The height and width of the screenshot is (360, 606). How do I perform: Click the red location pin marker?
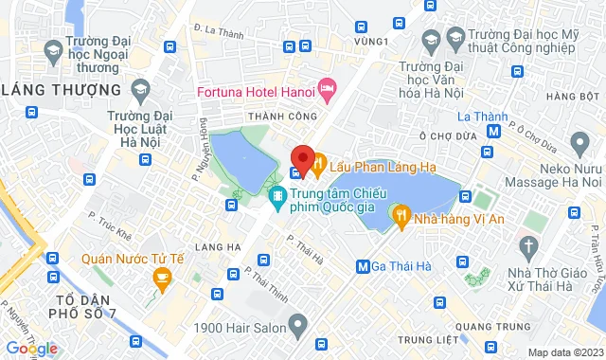tap(301, 157)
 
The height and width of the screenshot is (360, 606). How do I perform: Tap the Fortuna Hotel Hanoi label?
tap(256, 91)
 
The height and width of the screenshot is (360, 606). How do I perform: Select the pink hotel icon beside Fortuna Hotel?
tap(328, 90)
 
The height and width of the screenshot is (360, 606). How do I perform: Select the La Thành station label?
tap(477, 117)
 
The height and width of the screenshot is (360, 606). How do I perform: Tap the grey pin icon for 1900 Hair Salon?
tap(298, 327)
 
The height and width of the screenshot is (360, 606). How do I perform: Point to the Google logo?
tap(30, 349)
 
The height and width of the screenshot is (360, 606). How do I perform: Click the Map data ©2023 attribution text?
tap(564, 352)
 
